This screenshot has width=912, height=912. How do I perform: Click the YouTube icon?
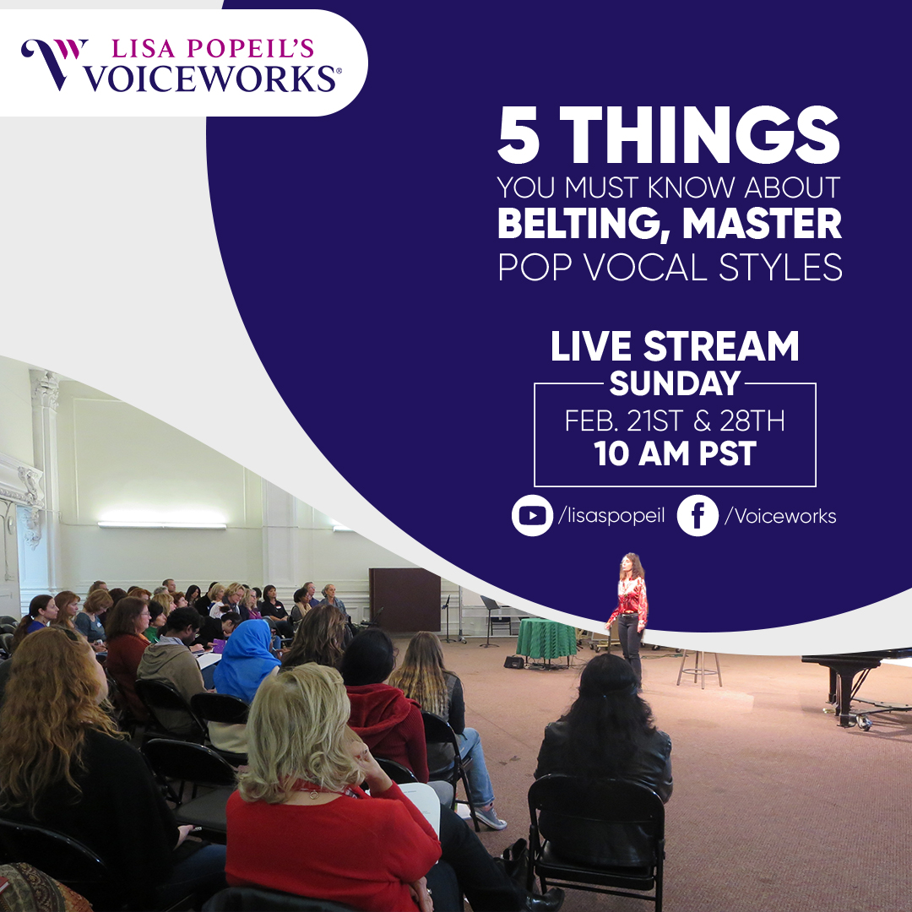point(532,517)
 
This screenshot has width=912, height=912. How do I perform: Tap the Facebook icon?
point(698,517)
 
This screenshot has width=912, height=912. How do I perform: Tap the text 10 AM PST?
point(675,454)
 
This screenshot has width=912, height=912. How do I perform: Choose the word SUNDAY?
point(675,384)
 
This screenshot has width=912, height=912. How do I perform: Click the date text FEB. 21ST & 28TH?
point(675,420)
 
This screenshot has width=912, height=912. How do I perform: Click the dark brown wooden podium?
point(404,599)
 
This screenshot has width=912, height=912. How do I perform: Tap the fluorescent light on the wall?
point(161,525)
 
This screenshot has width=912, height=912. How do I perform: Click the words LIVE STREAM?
point(675,347)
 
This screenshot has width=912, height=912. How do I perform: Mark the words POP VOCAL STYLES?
point(670,267)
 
